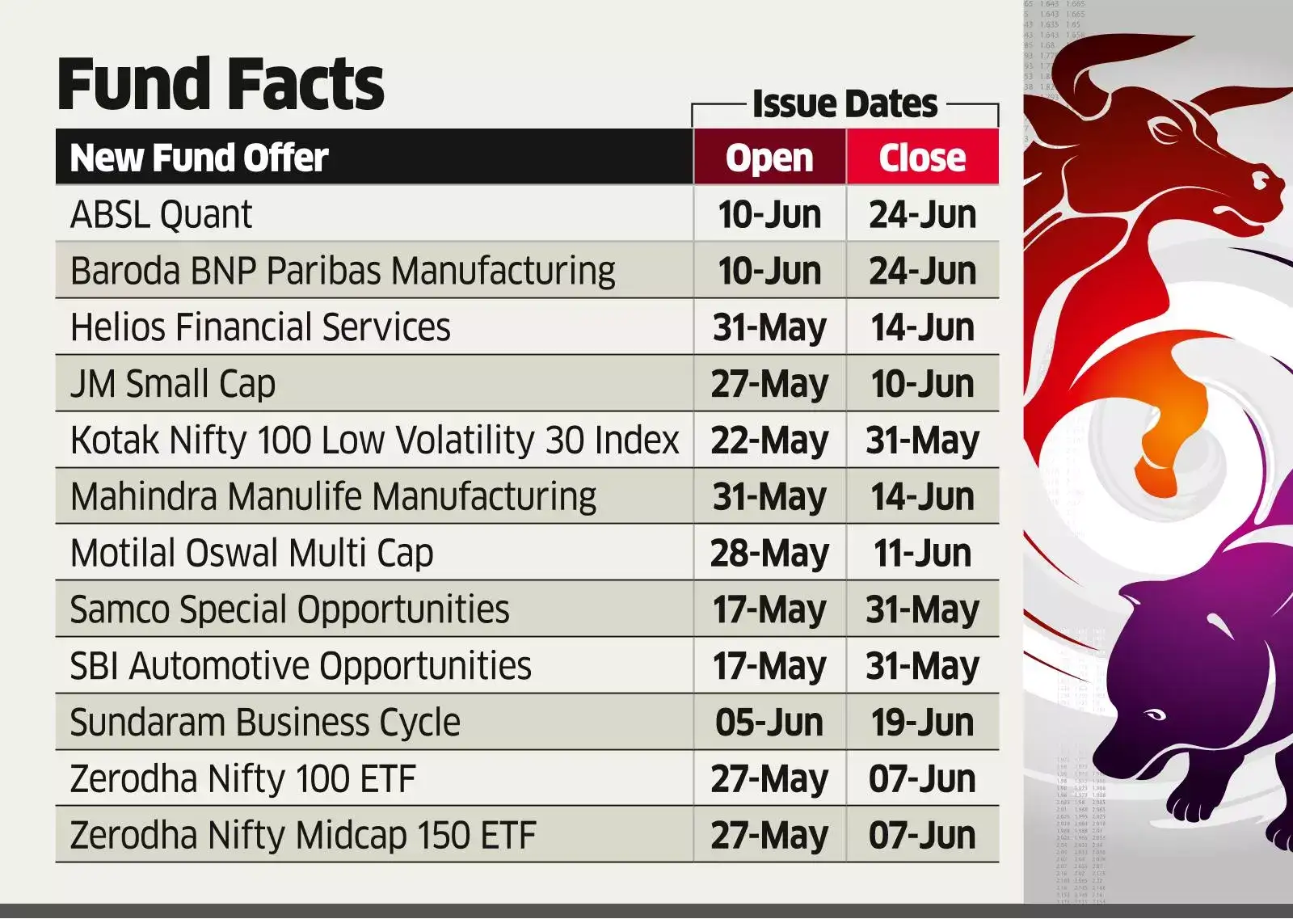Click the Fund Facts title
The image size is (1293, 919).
coord(220,84)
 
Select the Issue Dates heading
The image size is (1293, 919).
coord(844,104)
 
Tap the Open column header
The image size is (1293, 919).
coord(769,158)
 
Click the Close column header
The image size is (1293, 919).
coord(922,158)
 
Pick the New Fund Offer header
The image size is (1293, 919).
coord(199,158)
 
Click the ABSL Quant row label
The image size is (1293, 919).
coord(161,215)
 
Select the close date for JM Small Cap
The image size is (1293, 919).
coord(922,384)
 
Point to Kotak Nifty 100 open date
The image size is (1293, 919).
coord(769,441)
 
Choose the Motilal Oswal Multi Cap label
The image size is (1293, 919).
coord(251,554)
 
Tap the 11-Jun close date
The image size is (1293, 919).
coord(922,554)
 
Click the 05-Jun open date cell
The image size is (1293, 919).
coord(769,723)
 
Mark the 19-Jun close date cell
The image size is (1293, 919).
coord(922,723)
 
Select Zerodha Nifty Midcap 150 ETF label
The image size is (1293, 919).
coord(302,836)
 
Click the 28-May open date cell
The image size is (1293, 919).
coord(769,554)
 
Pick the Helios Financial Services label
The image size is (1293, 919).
coord(259,327)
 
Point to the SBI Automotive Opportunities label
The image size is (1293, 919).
coord(300,666)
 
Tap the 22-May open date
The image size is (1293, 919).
coord(769,441)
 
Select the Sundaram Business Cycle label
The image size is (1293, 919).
coord(264,723)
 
